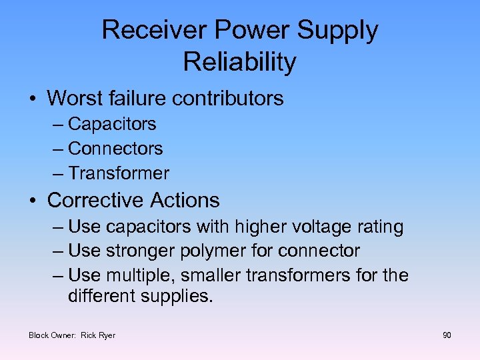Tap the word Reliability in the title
pos(239,62)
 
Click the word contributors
pos(227,99)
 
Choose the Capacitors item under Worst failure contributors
pos(112,124)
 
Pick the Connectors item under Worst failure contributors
pos(115,149)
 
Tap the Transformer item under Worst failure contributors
pos(119,173)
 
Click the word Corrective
pos(96,200)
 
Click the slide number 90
pos(447,335)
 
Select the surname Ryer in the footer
pos(107,335)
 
